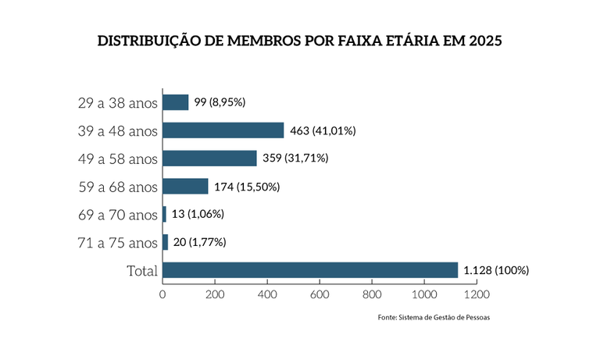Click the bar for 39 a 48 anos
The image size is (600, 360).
coord(223,130)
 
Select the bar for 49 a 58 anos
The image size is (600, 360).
coord(210,159)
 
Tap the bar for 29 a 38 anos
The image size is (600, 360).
coord(176,102)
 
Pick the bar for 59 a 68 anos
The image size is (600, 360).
coord(186,187)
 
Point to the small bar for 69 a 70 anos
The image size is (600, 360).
coord(165,214)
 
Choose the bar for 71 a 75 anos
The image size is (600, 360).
coord(166,242)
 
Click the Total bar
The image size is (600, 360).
coord(310,270)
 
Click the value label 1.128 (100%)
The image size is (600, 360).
coord(497,270)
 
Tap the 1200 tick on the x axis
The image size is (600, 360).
coord(476,295)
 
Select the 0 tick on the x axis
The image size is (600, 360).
coord(162,295)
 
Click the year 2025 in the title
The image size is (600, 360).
coord(482,41)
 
